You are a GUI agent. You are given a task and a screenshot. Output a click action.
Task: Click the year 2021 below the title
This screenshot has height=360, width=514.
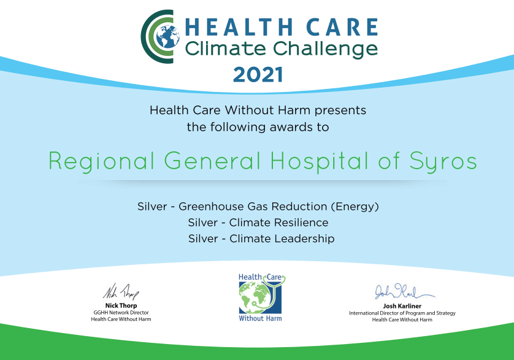(258, 74)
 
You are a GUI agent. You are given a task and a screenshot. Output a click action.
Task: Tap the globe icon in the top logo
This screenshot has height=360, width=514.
(167, 36)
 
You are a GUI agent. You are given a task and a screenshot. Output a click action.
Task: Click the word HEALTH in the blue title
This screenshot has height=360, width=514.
(239, 27)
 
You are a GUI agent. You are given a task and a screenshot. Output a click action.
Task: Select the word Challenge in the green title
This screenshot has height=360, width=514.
(325, 49)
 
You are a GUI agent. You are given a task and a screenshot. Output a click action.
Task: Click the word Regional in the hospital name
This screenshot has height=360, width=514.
(102, 161)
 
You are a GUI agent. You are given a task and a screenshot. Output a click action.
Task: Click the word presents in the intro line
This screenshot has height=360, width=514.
(340, 110)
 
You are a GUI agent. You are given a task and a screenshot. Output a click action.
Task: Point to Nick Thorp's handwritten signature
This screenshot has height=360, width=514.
(121, 292)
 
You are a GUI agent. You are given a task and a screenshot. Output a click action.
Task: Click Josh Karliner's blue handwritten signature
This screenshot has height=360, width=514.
(404, 291)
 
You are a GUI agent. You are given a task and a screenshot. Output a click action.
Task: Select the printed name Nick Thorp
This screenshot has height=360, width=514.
(121, 305)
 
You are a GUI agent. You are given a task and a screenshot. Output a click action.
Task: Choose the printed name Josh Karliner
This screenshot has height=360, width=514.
(402, 306)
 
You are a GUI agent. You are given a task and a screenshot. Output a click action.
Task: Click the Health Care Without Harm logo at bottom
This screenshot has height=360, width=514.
(261, 297)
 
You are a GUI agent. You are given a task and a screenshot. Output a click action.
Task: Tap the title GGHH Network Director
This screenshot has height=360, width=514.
(121, 312)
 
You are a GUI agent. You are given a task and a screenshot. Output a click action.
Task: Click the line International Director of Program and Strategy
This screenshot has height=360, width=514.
(402, 313)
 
